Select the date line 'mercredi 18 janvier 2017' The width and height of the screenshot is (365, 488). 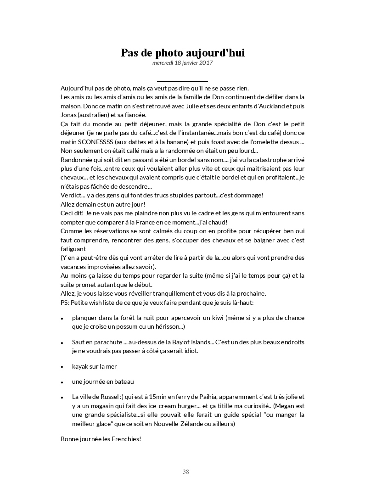[x=182, y=63]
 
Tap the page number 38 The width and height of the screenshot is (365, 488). [x=185, y=471]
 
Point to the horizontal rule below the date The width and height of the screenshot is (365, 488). [x=182, y=81]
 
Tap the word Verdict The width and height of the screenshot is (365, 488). [x=71, y=195]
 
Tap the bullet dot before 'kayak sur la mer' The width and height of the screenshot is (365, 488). [x=62, y=367]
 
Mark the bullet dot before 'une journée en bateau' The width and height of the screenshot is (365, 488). [x=62, y=382]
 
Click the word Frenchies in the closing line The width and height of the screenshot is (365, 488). [x=125, y=439]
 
